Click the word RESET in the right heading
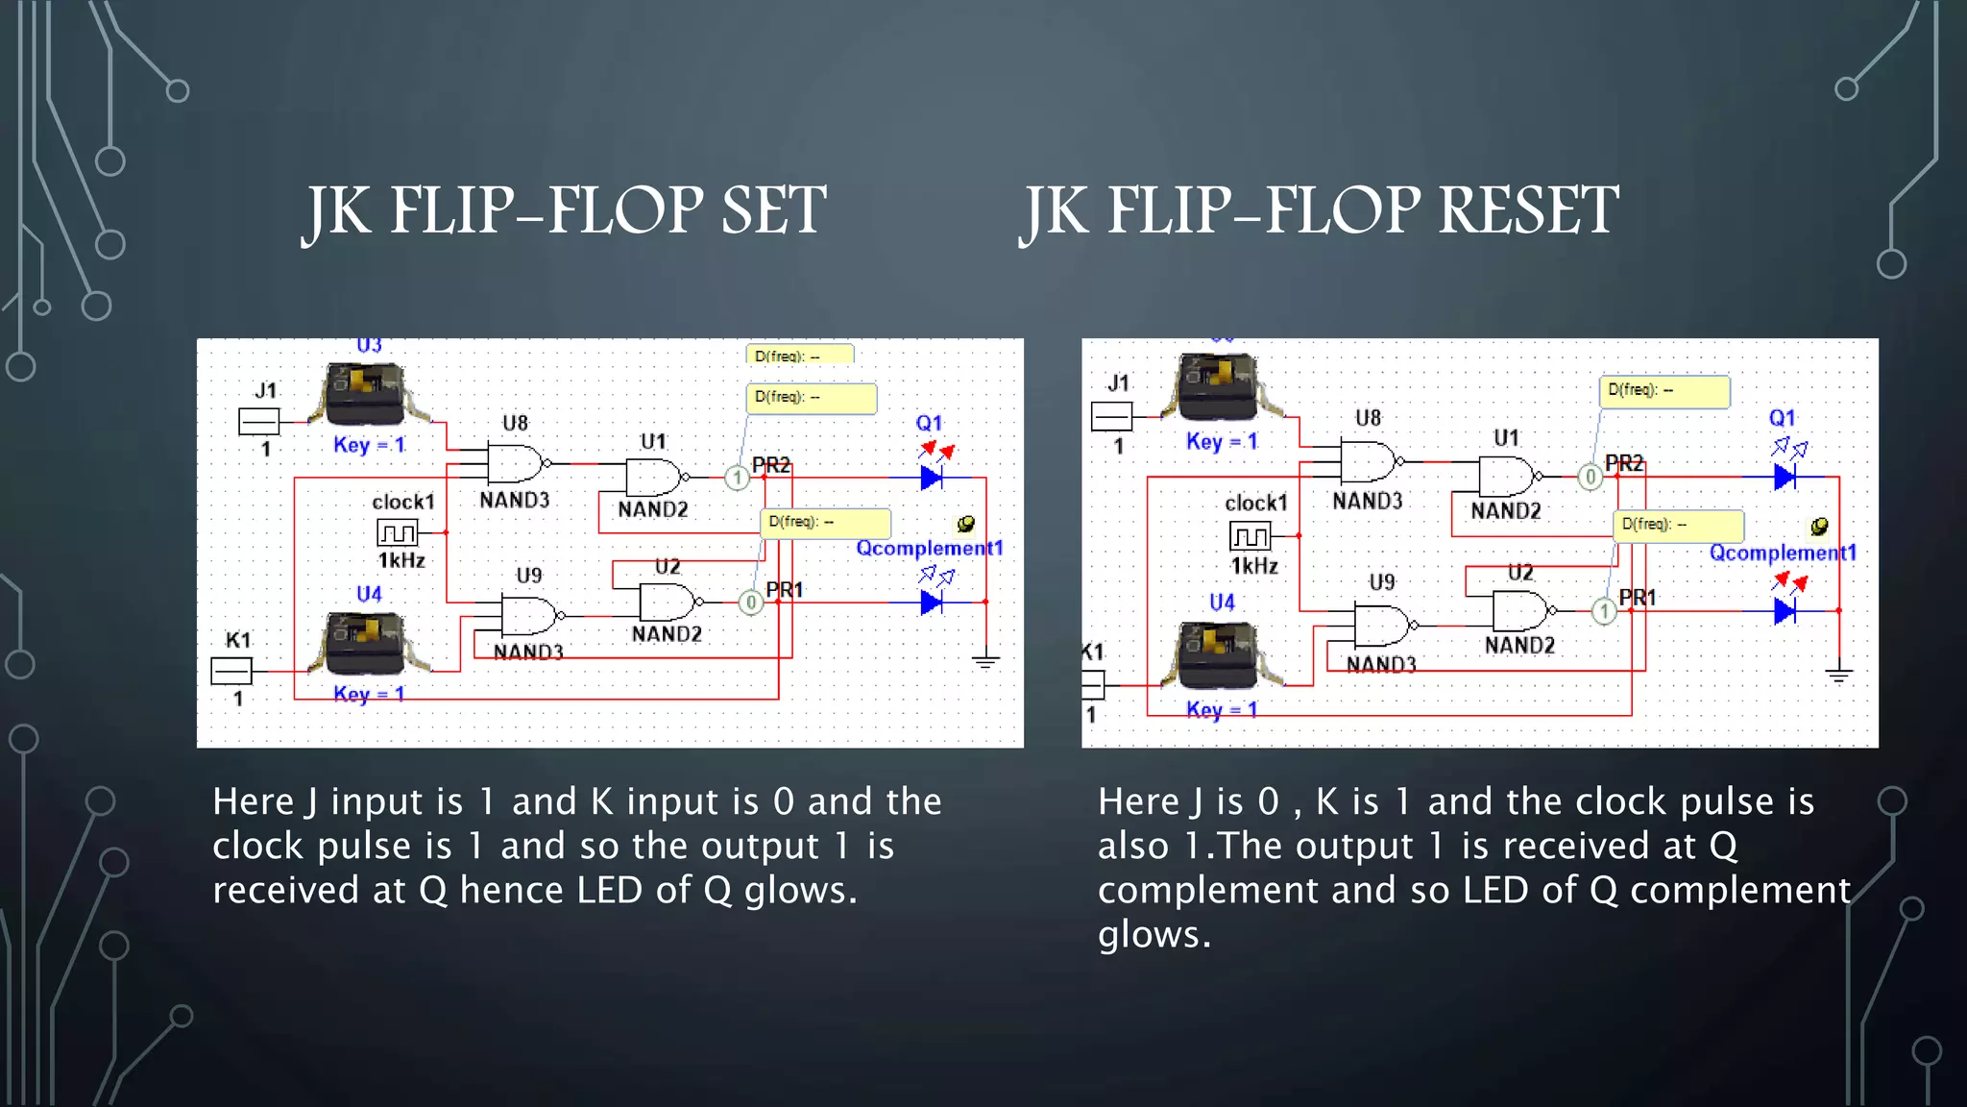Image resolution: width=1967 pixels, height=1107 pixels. point(1527,210)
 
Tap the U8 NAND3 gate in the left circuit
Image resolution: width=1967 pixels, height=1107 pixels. point(516,463)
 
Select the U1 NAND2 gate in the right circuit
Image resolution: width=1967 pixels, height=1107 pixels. point(1505,476)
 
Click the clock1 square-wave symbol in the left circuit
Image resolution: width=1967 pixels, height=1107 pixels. point(397,531)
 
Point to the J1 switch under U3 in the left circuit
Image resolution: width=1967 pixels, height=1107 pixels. point(365,394)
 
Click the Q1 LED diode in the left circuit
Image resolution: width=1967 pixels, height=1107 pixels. point(931,477)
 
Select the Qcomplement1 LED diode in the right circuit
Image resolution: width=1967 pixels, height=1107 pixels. point(1785,610)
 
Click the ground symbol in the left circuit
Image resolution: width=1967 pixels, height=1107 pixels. point(985,661)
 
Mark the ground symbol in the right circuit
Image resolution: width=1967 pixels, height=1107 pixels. point(1838,675)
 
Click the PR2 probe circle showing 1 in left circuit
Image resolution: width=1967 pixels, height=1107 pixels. point(737,478)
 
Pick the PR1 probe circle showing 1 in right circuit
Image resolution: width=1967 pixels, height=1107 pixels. point(1604,611)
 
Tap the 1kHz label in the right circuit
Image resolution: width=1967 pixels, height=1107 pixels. point(1254,566)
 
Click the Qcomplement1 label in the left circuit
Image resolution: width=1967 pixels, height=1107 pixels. point(929,548)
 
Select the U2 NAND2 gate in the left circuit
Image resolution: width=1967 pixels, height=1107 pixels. point(667,603)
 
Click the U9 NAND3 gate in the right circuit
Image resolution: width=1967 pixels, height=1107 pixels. point(1381,626)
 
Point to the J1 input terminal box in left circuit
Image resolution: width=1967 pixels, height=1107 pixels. point(258,421)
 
